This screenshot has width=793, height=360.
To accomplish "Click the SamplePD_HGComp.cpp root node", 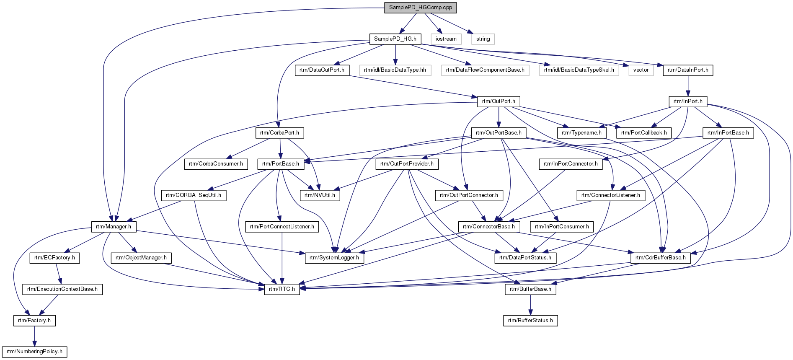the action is coord(420,8).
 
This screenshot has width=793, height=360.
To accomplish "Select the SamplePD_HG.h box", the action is coord(395,39).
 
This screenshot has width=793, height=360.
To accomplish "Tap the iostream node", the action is coord(446,39).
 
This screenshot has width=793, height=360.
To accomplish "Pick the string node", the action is coord(483,39).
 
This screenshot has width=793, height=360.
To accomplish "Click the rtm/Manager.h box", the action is coord(114,227).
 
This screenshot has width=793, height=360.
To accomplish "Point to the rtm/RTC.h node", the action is coord(282,289).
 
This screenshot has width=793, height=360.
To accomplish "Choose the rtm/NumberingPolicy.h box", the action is coord(34,352).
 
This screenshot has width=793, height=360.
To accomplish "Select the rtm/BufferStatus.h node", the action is coord(530,321).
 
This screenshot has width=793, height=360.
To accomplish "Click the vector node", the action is coord(641,70).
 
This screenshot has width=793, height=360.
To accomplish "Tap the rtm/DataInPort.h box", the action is coord(688,70).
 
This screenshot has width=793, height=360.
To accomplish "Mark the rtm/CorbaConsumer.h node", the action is coord(216,164).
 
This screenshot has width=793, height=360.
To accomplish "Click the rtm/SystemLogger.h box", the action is coord(334,258).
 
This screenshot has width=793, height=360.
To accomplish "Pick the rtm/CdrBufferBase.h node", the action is coord(661,258).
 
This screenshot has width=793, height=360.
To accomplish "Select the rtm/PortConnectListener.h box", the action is coord(282,227).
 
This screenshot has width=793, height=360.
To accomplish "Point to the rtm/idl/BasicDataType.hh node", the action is coord(395,70).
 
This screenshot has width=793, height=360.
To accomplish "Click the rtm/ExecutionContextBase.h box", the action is coord(62,289).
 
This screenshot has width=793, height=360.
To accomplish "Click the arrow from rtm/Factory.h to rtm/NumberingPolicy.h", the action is coord(34,336).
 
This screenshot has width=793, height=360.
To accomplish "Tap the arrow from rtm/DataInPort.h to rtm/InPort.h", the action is coord(688,86).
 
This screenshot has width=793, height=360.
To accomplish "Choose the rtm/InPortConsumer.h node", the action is coord(562,227).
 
